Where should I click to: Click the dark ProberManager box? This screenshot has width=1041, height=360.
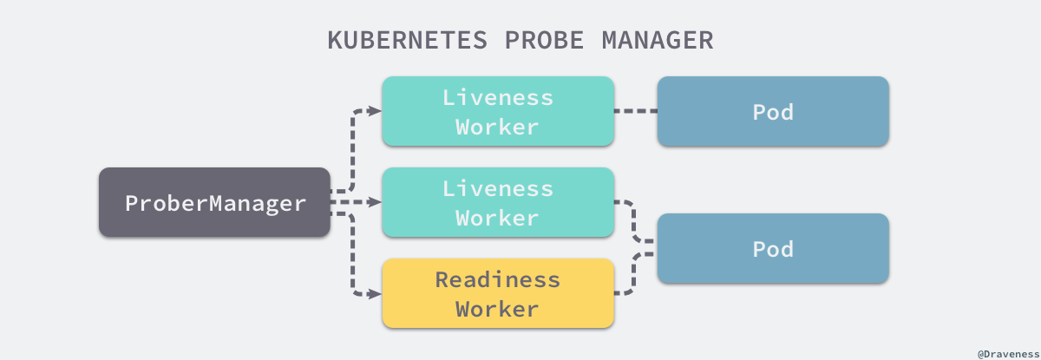pyautogui.click(x=214, y=202)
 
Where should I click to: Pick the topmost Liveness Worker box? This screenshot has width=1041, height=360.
pyautogui.click(x=498, y=110)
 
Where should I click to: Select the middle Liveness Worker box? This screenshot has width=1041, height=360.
pyautogui.click(x=498, y=202)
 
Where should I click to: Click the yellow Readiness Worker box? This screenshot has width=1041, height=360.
pyautogui.click(x=498, y=293)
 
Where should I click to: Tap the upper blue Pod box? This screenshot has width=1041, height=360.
pyautogui.click(x=773, y=110)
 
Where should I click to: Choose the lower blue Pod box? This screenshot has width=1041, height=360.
pyautogui.click(x=773, y=248)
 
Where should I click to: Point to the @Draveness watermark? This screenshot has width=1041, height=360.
pyautogui.click(x=1006, y=353)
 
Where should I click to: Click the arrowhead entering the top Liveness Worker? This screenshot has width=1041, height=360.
pyautogui.click(x=376, y=111)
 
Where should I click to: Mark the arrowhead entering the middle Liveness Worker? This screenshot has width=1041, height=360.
pyautogui.click(x=376, y=202)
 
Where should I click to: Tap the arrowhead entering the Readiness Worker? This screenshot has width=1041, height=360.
pyautogui.click(x=376, y=293)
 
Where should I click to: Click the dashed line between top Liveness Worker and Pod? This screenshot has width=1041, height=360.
pyautogui.click(x=635, y=111)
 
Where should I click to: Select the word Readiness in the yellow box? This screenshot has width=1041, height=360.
pyautogui.click(x=498, y=279)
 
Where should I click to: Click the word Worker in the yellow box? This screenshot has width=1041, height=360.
pyautogui.click(x=498, y=308)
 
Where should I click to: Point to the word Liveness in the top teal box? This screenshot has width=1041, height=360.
pyautogui.click(x=498, y=96)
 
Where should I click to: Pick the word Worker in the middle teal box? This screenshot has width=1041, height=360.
pyautogui.click(x=498, y=217)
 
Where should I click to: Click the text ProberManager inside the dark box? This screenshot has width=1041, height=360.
pyautogui.click(x=215, y=203)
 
